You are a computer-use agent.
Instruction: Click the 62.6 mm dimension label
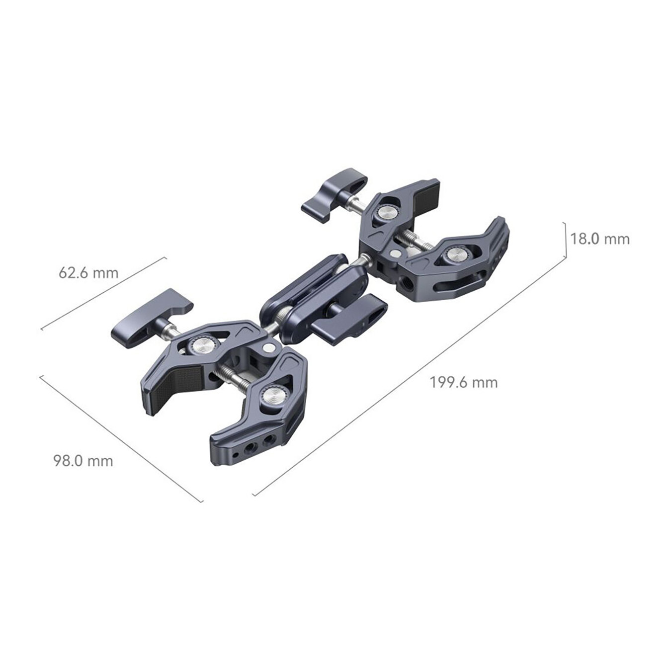(x=88, y=273)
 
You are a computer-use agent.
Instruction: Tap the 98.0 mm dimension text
(x=83, y=461)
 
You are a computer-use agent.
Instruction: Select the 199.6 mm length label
(x=464, y=383)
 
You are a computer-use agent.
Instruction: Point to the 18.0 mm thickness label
(x=600, y=239)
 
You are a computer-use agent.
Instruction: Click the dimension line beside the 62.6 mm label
(x=104, y=293)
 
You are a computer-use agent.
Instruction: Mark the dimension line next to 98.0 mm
(x=121, y=438)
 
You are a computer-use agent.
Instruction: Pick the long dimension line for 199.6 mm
(x=410, y=376)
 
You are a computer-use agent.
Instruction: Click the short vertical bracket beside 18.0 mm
(x=565, y=240)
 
